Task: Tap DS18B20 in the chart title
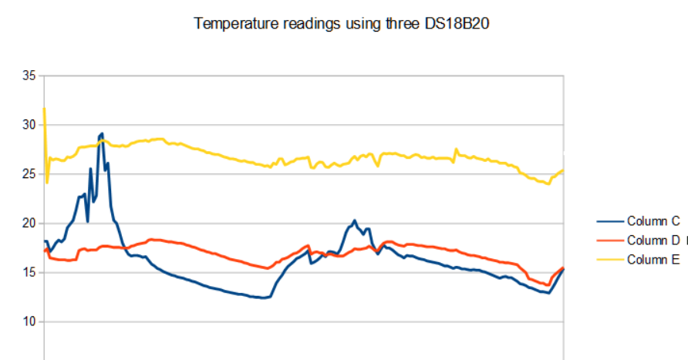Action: pos(457,23)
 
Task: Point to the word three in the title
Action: pos(403,23)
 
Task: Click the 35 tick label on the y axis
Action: pos(29,76)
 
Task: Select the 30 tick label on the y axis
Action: pos(29,125)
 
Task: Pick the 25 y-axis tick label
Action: pos(29,174)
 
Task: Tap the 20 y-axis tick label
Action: pos(29,224)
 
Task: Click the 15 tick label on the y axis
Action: pos(29,272)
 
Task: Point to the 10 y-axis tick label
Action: pos(29,321)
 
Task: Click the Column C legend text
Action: pos(653,221)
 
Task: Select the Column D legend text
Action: pos(653,241)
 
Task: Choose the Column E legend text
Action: pos(653,260)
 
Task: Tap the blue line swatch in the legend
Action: pos(610,221)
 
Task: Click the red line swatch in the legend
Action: pos(610,241)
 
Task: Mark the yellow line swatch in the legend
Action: pos(610,260)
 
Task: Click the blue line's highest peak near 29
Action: pos(103,133)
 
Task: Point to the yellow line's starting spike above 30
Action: pos(44,108)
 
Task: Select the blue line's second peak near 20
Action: pos(355,220)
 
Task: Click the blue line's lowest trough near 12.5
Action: pos(263,298)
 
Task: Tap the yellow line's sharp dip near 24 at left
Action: pos(47,183)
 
